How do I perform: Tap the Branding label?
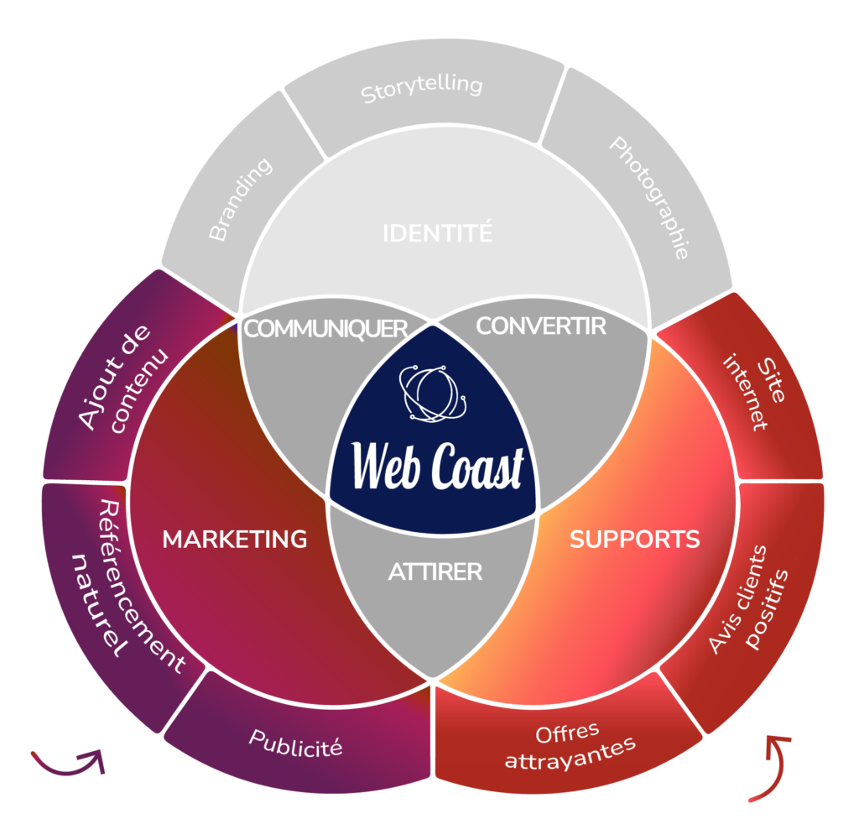click(241, 200)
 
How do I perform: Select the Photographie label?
click(648, 198)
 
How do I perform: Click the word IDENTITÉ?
click(437, 233)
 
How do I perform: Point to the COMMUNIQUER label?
click(325, 328)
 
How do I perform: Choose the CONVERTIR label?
click(541, 326)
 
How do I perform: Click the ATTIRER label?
click(435, 572)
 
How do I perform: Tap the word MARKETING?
click(235, 539)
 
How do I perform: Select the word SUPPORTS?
click(635, 539)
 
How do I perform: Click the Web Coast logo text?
click(437, 466)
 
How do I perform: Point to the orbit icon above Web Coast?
click(430, 393)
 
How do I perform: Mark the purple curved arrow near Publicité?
click(70, 763)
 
